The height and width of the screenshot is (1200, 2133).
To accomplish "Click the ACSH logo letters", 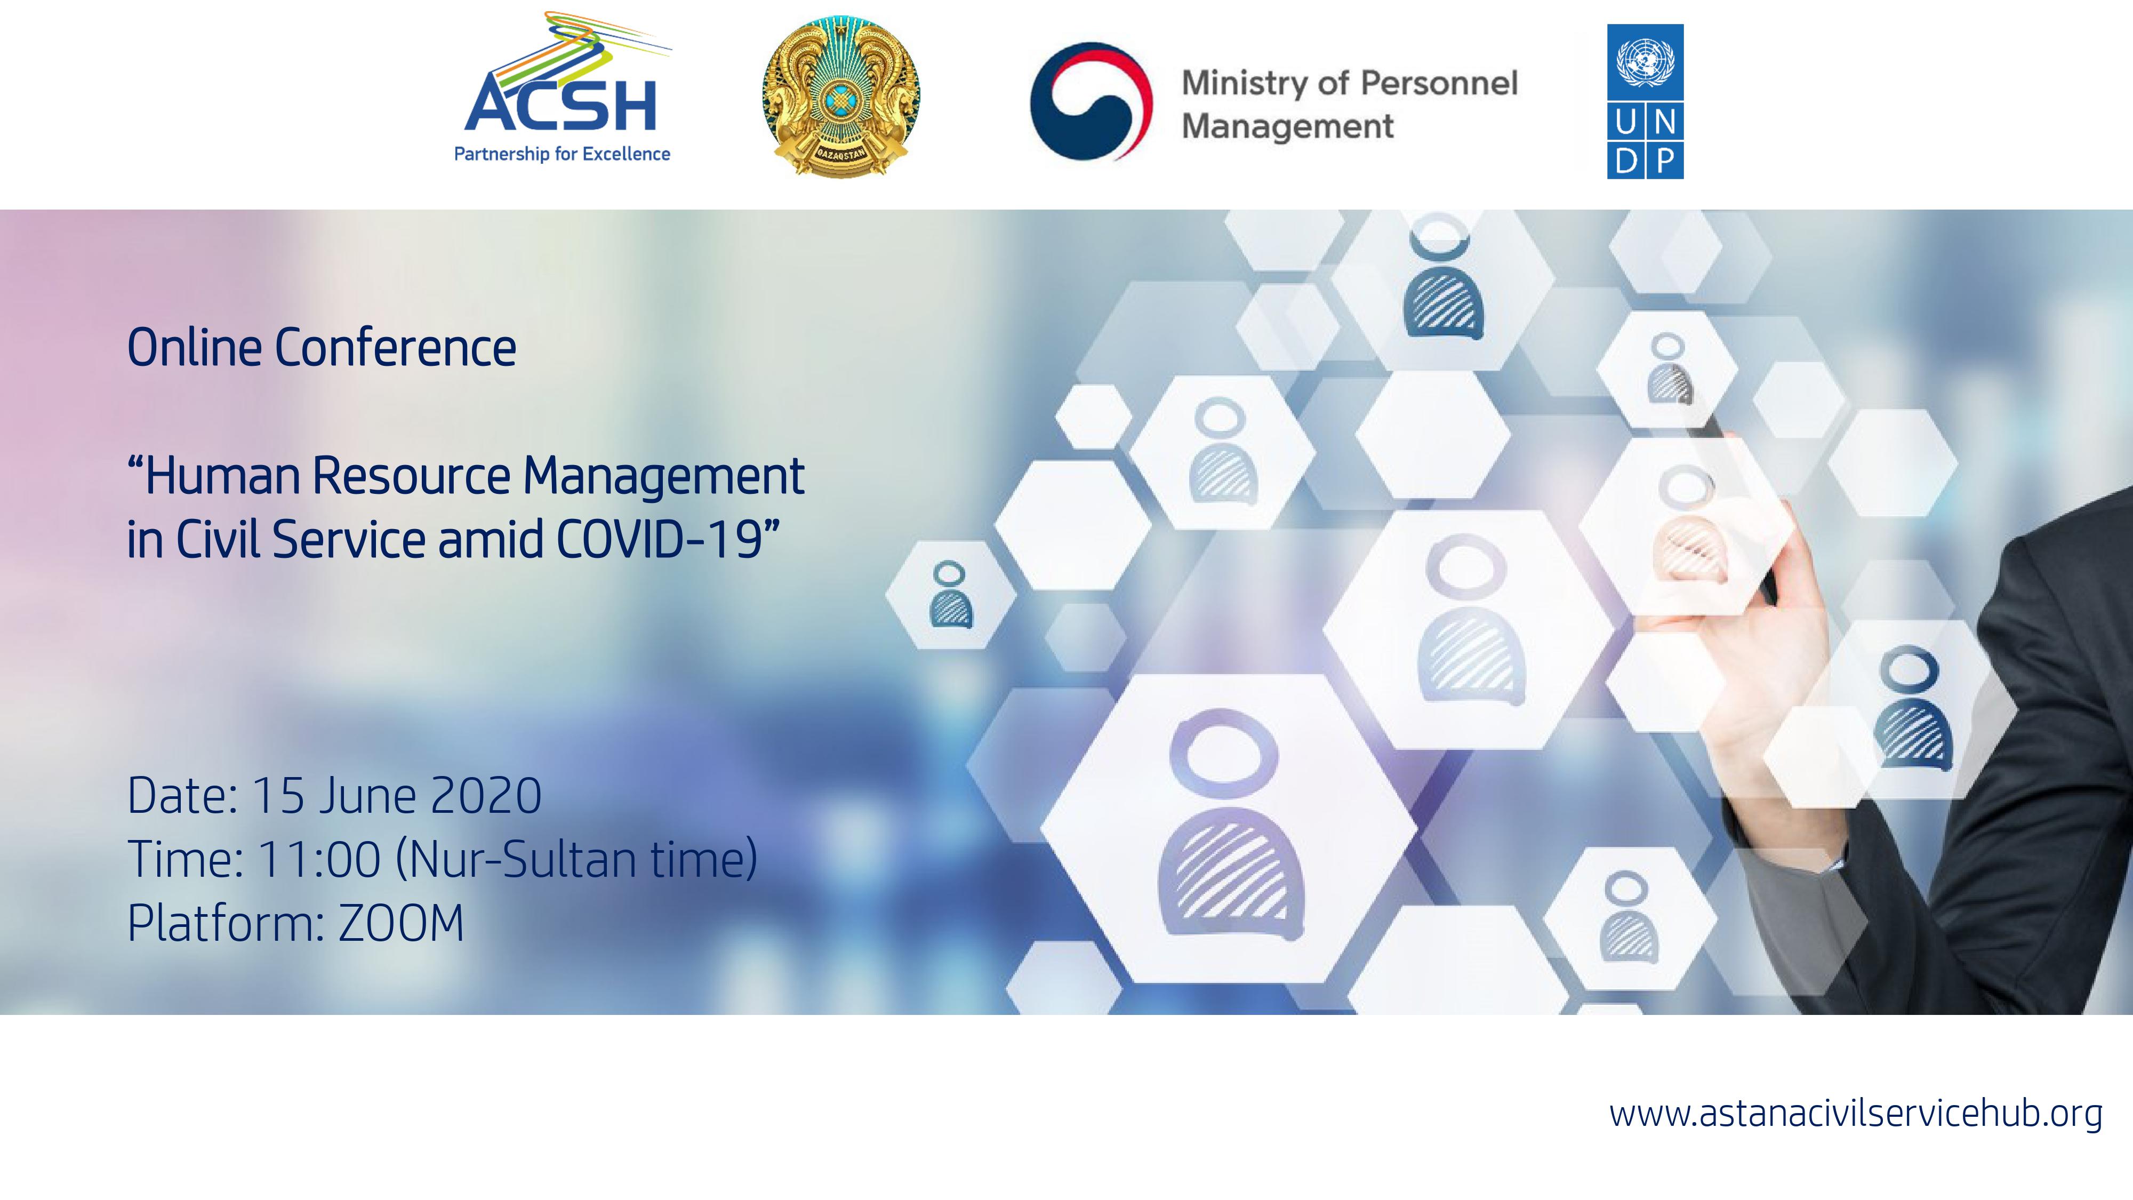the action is point(560,105).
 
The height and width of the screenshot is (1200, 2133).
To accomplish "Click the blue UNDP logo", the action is point(1645,101).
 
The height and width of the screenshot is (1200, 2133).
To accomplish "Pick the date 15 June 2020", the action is point(397,795).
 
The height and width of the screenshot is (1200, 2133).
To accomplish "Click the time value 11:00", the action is point(319,859).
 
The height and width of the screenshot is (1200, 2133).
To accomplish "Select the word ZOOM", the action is point(401,923).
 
